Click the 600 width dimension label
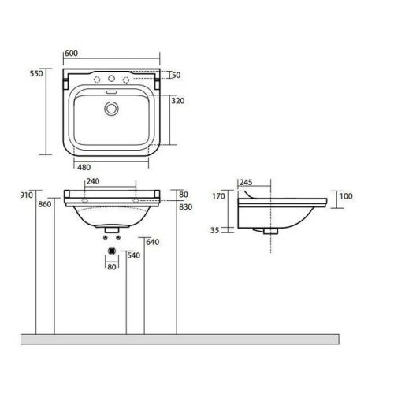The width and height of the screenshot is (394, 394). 71,53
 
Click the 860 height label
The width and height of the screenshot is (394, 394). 44,205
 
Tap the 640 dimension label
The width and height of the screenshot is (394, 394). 152,242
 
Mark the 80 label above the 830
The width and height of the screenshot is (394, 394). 183,194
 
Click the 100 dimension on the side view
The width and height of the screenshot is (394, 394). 346,195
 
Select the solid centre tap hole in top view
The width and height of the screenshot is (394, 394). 112,78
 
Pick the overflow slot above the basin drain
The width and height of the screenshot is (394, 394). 111,93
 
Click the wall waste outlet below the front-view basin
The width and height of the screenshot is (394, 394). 111,250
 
